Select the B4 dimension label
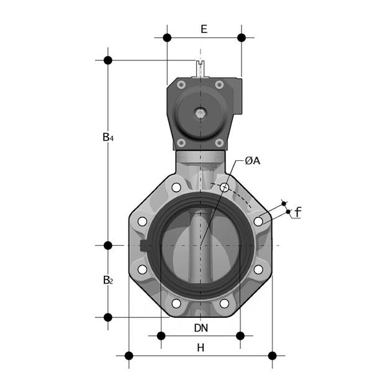(x=108, y=137)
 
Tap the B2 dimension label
(x=108, y=280)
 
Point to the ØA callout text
(x=252, y=161)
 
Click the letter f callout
(x=297, y=212)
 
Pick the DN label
(x=201, y=327)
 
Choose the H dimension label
(x=201, y=348)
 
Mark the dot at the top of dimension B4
(x=108, y=60)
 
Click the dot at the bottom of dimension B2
(x=108, y=317)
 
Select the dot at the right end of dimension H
(x=272, y=356)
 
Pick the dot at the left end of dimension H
(x=129, y=356)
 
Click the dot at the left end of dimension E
(x=167, y=38)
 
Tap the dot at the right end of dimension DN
(x=241, y=336)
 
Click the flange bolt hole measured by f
(x=258, y=222)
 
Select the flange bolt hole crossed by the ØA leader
(x=224, y=187)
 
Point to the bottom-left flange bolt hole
(x=176, y=304)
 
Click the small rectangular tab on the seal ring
(x=145, y=245)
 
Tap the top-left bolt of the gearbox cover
(x=181, y=85)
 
